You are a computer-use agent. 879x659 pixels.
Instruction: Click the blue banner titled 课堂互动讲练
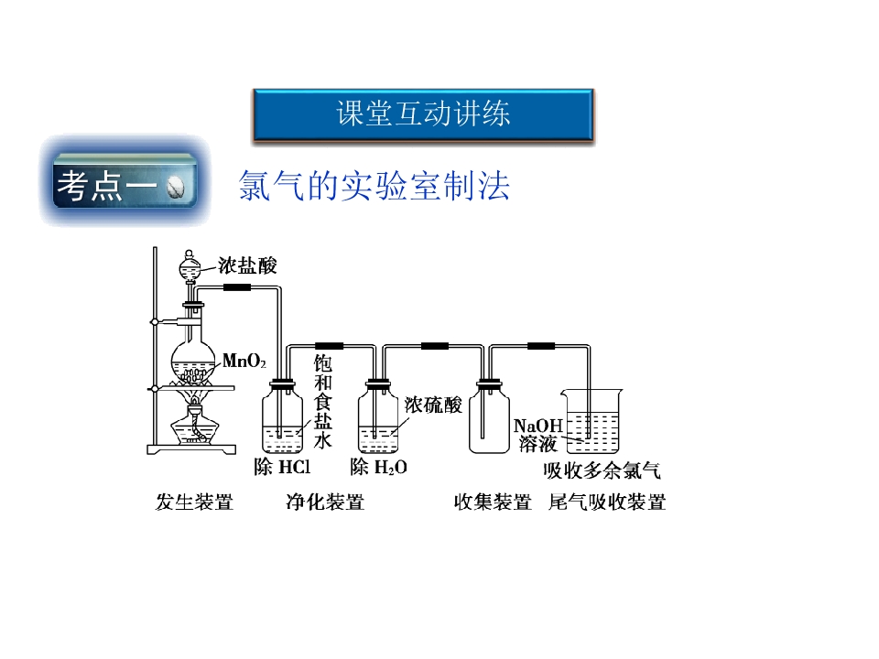tap(423, 114)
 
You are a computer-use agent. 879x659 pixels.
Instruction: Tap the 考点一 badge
tap(125, 183)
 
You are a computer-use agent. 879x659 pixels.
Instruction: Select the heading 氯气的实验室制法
tap(374, 186)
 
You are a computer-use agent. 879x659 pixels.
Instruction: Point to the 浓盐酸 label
tap(247, 265)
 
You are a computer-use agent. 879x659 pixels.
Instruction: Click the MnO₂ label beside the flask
tap(244, 361)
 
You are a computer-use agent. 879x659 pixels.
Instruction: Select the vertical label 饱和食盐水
tap(322, 402)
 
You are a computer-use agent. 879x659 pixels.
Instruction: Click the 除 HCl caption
tap(282, 467)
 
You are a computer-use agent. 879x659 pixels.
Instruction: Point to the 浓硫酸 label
tap(433, 405)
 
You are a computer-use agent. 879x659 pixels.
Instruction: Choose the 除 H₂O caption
tap(378, 467)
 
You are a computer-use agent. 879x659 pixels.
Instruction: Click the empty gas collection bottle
tap(489, 417)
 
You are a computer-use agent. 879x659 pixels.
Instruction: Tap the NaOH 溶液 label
tap(537, 435)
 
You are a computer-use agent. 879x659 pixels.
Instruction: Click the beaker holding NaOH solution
tap(592, 421)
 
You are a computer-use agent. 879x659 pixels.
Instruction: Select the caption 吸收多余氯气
tap(602, 470)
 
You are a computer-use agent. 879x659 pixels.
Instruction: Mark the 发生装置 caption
tap(194, 502)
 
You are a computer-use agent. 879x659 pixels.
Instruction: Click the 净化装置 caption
tap(325, 502)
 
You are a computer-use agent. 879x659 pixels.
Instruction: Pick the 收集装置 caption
tap(493, 502)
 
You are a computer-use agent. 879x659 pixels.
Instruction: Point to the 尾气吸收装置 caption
tap(607, 502)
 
